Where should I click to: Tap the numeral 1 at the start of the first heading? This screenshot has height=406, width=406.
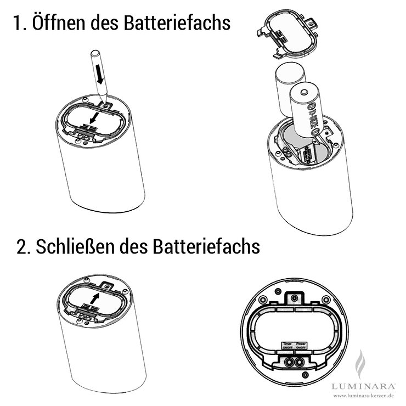pos(18,25)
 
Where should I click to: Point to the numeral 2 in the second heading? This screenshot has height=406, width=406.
pos(22,247)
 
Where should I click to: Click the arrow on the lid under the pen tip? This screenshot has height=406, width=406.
pos(95,118)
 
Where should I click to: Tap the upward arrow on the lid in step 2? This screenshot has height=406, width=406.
pos(97,298)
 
